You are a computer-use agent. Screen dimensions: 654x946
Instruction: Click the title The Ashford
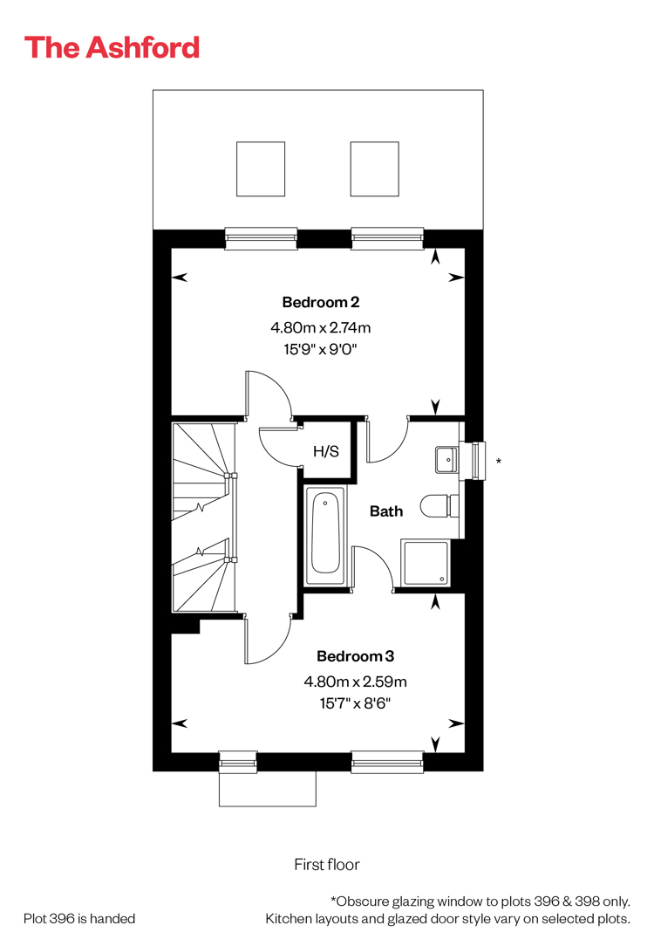(112, 48)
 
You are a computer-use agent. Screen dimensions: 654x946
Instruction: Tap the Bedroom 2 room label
(321, 302)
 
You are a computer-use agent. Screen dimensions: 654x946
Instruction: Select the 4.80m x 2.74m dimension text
(321, 327)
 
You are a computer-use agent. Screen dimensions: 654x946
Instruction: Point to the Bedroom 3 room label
(356, 655)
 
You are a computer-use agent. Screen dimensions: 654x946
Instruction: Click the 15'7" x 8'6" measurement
(355, 703)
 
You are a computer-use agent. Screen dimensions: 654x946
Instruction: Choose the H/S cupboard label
(326, 451)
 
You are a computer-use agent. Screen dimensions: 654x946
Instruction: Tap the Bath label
(386, 511)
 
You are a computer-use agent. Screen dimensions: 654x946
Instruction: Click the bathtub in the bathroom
(325, 536)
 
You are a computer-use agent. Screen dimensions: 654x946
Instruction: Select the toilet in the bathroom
(439, 505)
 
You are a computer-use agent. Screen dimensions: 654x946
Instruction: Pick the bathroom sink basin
(446, 460)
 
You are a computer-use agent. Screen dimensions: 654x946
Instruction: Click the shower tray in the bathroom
(426, 563)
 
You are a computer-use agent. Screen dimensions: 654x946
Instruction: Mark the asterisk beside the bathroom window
(499, 462)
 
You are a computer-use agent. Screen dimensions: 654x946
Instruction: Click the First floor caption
(327, 865)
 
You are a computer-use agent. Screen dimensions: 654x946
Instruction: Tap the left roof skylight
(261, 169)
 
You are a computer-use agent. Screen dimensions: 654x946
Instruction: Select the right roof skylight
(375, 169)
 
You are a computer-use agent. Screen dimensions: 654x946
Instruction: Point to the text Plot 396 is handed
(79, 918)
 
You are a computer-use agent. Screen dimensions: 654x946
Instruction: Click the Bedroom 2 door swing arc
(280, 385)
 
